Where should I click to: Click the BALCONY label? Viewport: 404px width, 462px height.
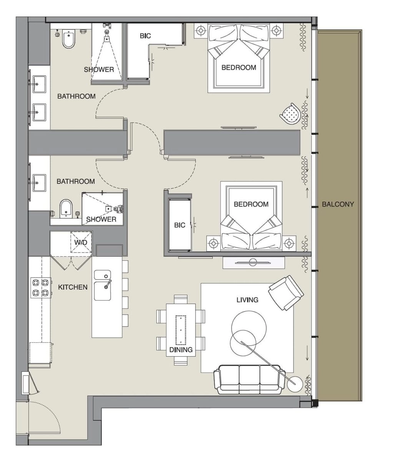338,204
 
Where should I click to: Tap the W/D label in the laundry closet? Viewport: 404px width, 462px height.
81,243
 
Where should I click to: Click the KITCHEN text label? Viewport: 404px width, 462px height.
73,287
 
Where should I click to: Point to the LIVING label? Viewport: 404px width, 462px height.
247,300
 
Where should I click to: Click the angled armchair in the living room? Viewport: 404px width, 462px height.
286,293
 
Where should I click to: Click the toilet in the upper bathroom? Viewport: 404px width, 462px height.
68,40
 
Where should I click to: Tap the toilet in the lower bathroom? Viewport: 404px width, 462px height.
66,209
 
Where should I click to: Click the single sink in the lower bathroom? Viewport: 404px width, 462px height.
39,182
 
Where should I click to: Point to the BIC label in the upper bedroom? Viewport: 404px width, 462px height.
145,36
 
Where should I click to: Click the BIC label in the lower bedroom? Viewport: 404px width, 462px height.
180,225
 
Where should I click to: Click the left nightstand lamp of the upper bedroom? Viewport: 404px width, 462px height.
201,30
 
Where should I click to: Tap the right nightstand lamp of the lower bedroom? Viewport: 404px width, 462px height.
289,243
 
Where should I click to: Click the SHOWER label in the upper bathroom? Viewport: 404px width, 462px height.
99,70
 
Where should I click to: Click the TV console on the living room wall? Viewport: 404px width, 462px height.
253,263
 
